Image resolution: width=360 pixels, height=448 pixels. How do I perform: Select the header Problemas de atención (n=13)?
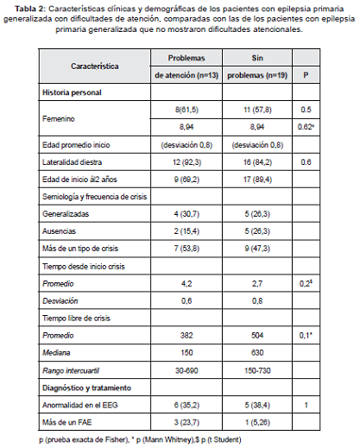click(186, 66)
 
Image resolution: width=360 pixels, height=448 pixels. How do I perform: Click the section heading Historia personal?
click(72, 91)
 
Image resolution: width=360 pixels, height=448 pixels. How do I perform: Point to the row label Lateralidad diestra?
click(76, 162)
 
